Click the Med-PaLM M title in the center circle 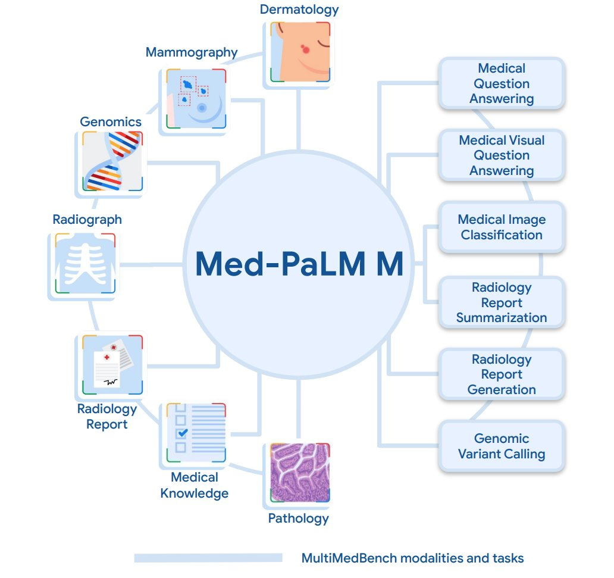299,264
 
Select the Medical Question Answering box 501,84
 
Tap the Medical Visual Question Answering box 501,155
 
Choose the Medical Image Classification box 501,227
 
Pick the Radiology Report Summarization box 501,302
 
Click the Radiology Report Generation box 501,374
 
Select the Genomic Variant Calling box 501,446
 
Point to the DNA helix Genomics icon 112,161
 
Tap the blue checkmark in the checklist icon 183,433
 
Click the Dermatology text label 299,9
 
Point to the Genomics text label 111,122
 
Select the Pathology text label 298,518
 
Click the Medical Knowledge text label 195,485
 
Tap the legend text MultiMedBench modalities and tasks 412,558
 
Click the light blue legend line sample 208,558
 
